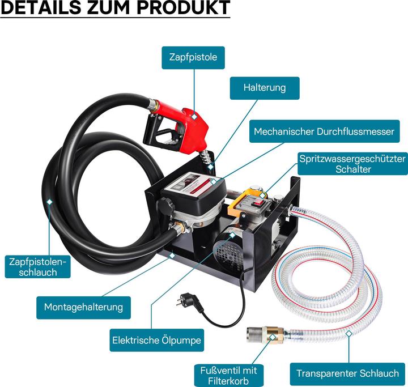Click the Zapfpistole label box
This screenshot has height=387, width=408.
[x=193, y=57]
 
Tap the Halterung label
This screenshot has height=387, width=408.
[x=264, y=88]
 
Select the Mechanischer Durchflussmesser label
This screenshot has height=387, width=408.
[x=324, y=131]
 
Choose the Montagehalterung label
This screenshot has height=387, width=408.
[x=83, y=307]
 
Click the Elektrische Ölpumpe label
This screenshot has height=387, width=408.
[x=156, y=341]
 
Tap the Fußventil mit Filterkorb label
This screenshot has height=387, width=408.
[x=228, y=375]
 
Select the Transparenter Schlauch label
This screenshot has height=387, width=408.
[x=348, y=373]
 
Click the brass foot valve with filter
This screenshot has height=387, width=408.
[x=265, y=337]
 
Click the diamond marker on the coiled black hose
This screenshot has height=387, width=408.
[x=50, y=201]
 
